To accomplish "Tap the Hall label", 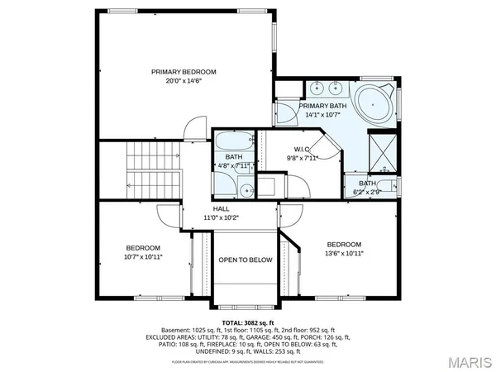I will (x=221, y=209).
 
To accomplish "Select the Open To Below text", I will (x=245, y=260).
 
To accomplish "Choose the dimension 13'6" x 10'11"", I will (x=344, y=255).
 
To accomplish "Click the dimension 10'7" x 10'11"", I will (x=143, y=257).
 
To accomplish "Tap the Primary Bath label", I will (x=322, y=107).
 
